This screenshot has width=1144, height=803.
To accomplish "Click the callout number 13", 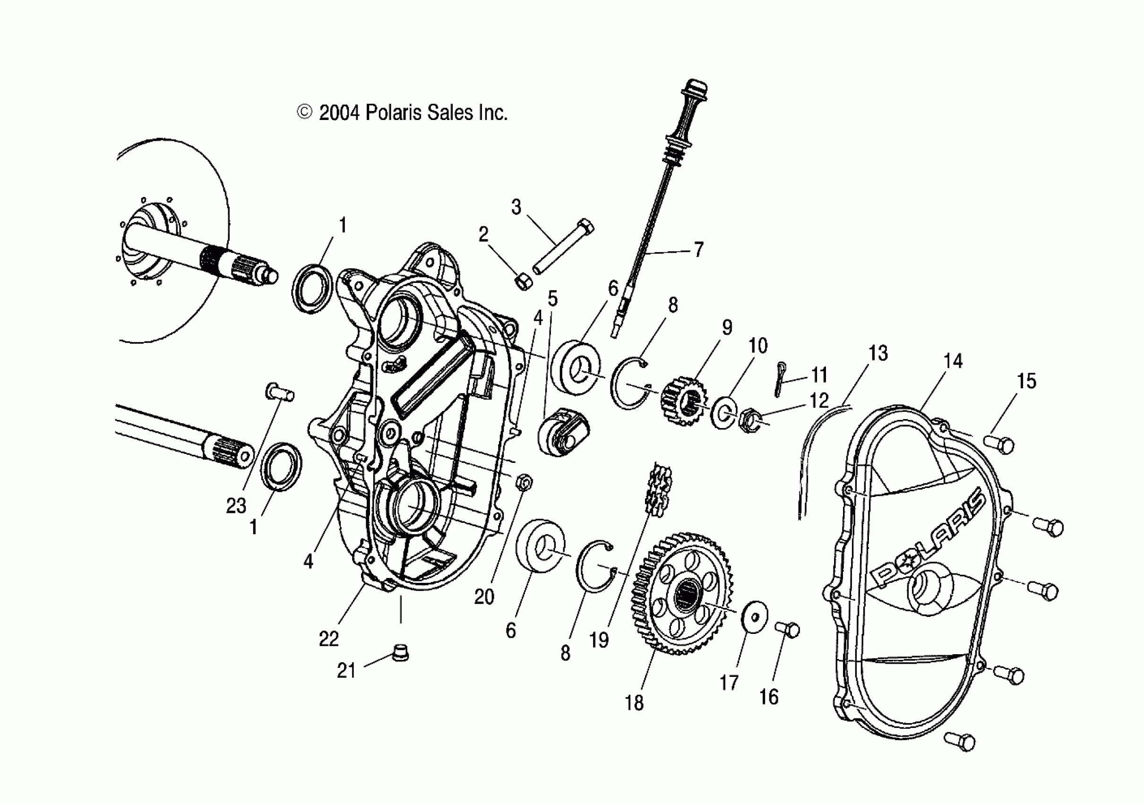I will [x=878, y=353].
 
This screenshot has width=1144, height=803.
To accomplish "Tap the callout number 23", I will [x=236, y=505].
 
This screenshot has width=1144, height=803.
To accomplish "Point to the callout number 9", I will [x=727, y=327].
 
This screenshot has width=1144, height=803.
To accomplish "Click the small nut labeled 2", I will [x=523, y=281].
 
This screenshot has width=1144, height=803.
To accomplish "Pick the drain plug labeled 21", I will [x=400, y=653].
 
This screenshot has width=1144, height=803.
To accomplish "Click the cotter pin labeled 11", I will [x=781, y=379].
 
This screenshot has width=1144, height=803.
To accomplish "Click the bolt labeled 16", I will [x=788, y=630].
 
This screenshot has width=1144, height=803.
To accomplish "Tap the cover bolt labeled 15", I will [x=999, y=444].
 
